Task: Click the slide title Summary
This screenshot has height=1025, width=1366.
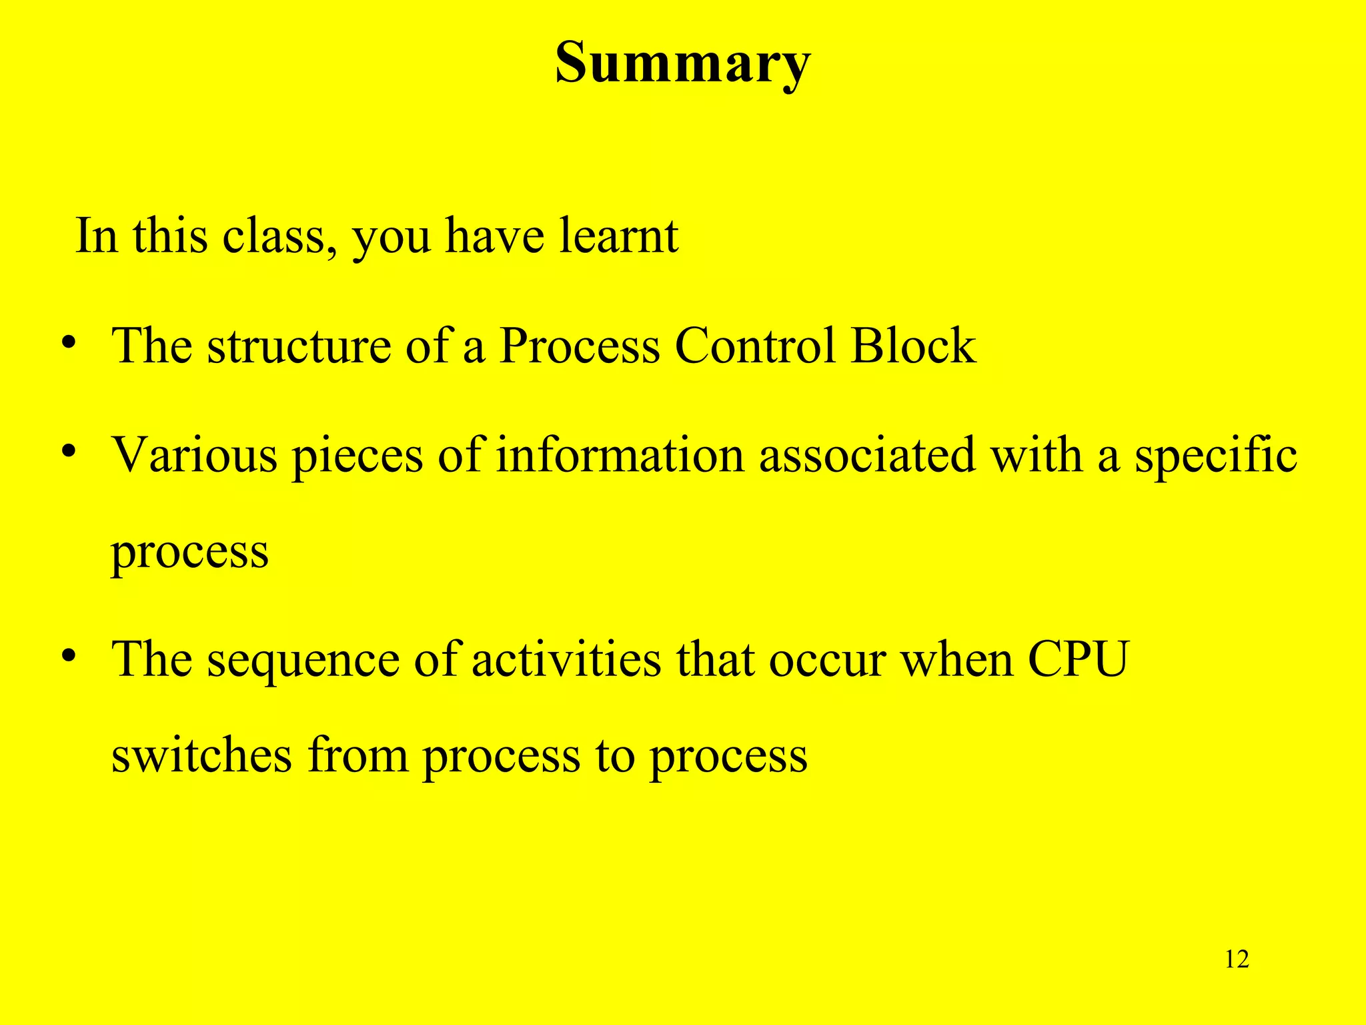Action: pos(682,63)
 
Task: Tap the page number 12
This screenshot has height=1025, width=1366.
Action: pos(1237,959)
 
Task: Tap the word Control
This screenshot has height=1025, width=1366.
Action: pos(755,346)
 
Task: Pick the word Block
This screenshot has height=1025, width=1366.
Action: pos(913,346)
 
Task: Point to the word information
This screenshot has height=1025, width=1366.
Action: pos(620,456)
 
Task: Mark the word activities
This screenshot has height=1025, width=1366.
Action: pos(566,659)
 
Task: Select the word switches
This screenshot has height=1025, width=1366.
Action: pos(201,755)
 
